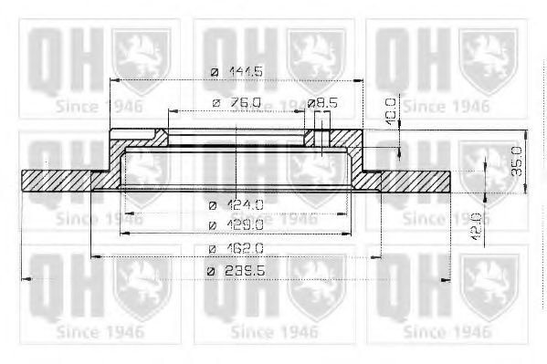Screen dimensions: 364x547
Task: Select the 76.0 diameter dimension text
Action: click(245, 103)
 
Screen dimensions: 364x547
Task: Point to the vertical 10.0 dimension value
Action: click(391, 109)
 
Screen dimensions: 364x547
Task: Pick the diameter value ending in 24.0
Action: click(247, 204)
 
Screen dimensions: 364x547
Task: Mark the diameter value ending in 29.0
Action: click(247, 224)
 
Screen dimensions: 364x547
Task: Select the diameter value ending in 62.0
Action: click(247, 247)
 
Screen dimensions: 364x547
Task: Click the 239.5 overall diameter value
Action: click(247, 270)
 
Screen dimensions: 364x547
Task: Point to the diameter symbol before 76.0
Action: click(216, 103)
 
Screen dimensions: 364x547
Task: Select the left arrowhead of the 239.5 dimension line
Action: click(26, 278)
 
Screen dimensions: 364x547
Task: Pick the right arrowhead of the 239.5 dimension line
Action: click(447, 278)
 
